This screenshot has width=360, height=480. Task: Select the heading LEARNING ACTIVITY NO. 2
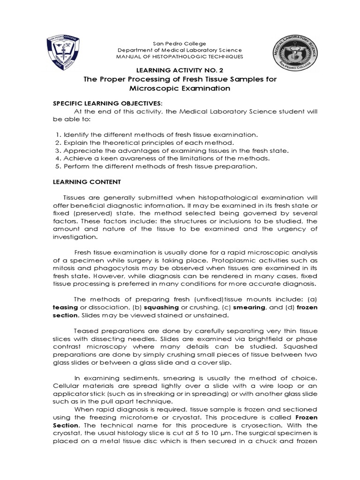(180, 70)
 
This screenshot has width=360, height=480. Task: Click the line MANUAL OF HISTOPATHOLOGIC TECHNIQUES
(180, 56)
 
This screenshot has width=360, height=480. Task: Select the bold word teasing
(64, 308)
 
